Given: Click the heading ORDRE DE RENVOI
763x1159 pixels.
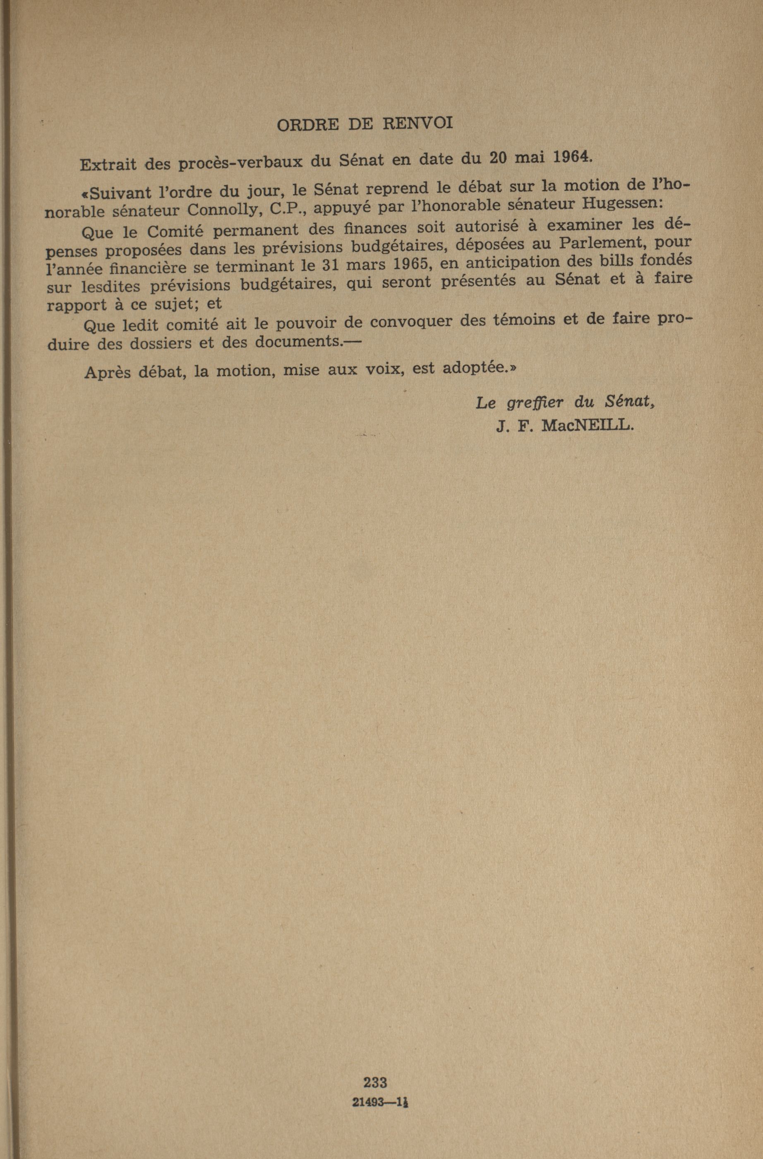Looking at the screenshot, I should pyautogui.click(x=365, y=125).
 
